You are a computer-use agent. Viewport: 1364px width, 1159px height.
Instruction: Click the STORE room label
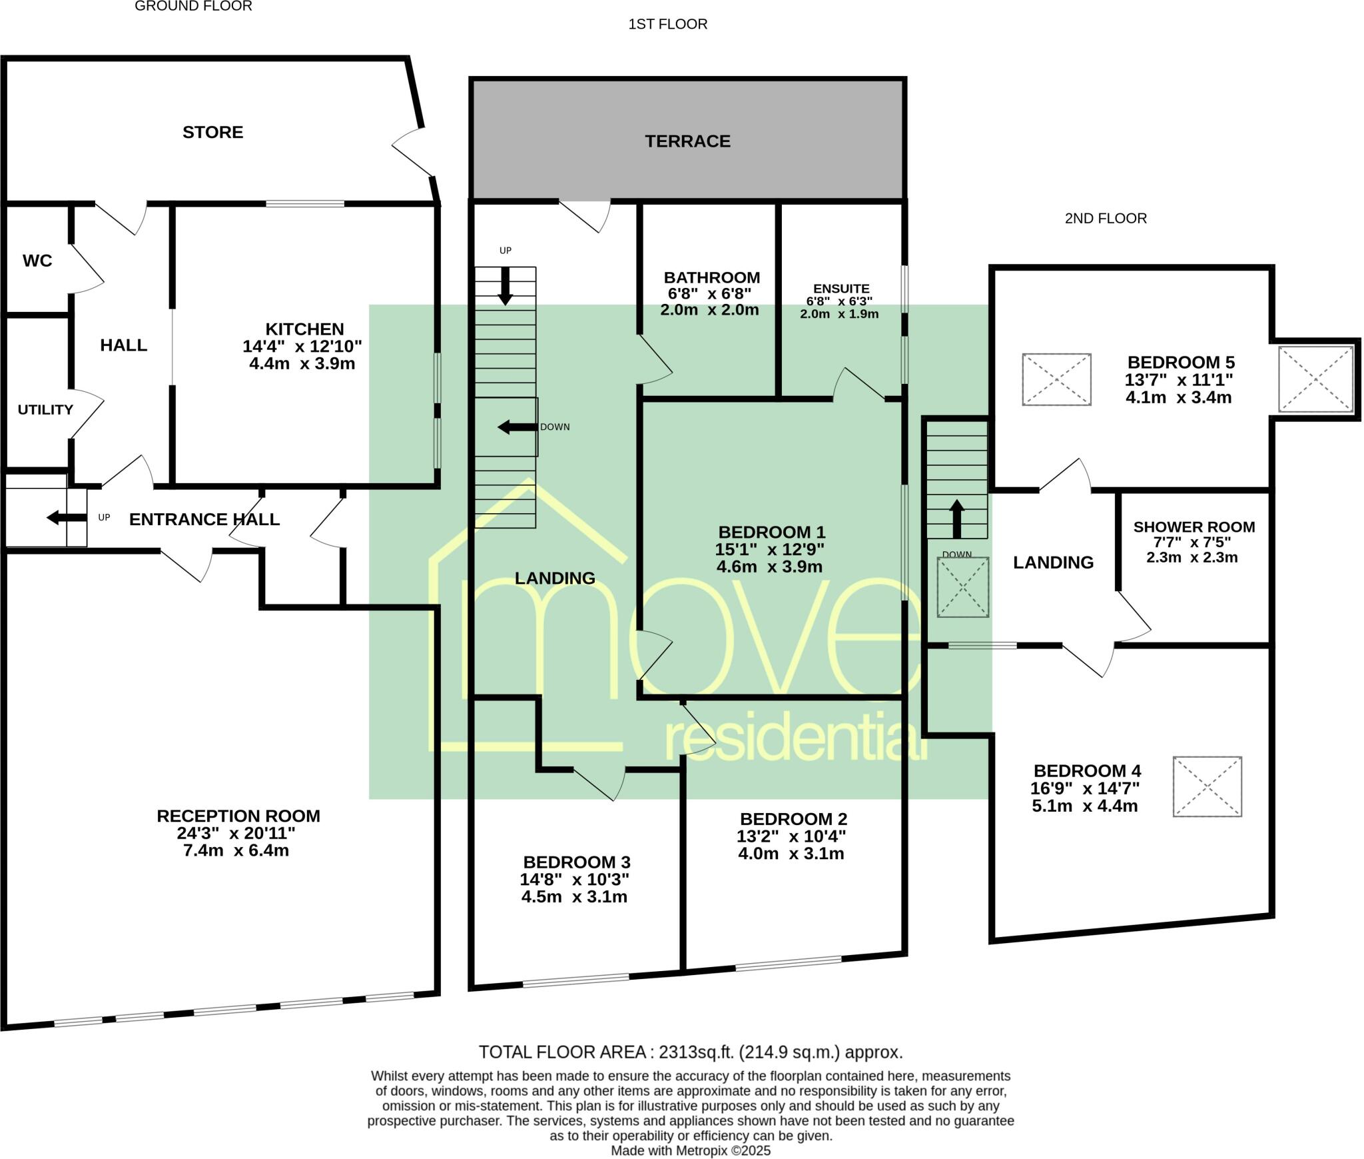[212, 132]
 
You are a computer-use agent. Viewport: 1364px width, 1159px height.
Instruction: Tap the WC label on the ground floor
[37, 261]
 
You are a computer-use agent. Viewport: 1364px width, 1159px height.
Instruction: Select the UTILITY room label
[45, 409]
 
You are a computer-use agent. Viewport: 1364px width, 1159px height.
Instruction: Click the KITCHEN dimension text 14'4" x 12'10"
[302, 347]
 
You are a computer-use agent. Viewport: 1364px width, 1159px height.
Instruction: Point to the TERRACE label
[687, 141]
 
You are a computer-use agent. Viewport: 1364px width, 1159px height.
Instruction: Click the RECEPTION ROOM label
[238, 816]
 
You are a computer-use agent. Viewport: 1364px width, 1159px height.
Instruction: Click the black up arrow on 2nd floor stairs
[956, 519]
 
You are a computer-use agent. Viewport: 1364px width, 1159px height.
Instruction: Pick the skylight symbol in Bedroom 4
[1207, 786]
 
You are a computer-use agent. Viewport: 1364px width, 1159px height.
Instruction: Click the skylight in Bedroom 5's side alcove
[1315, 379]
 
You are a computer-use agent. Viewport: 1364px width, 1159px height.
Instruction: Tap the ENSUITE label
[841, 289]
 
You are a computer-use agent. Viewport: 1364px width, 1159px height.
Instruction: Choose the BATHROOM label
[711, 277]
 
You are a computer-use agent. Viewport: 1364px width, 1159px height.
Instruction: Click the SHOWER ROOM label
[1194, 527]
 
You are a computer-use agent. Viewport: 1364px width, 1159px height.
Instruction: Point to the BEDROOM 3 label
[576, 862]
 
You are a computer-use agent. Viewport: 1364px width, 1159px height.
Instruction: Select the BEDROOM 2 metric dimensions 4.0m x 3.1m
[791, 854]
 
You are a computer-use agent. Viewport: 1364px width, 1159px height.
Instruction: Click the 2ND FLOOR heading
[1106, 219]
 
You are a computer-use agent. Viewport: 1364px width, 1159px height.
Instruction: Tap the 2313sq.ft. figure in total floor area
[695, 1052]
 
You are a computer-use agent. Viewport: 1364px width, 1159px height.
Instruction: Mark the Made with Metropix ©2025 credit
[691, 1151]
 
